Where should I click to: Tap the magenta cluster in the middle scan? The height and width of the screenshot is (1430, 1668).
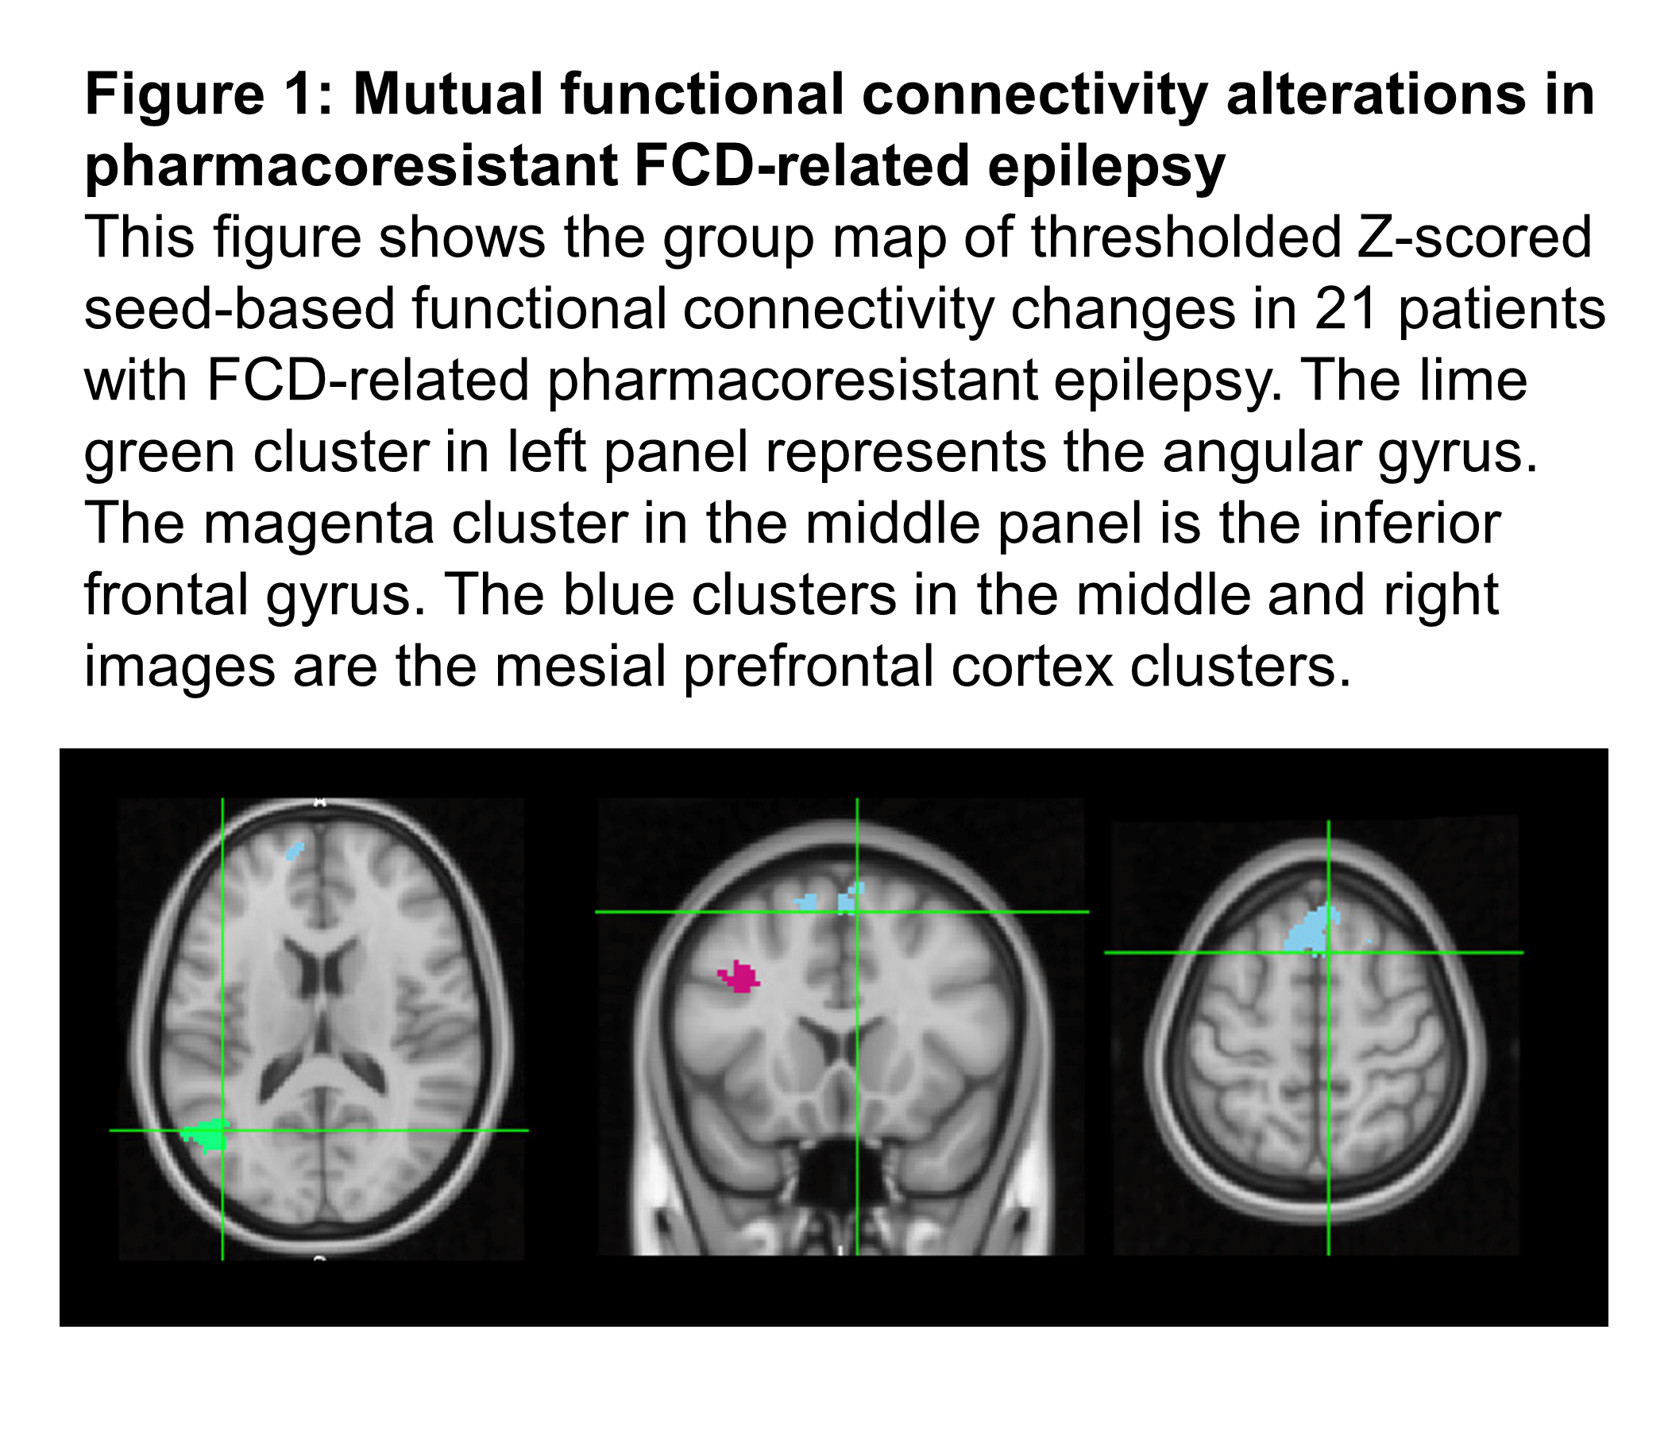pos(739,977)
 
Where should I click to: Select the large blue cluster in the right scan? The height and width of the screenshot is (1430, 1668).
pos(1308,931)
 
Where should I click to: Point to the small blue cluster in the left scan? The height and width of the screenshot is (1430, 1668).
pos(295,849)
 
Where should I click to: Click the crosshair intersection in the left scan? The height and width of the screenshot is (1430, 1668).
pos(222,1130)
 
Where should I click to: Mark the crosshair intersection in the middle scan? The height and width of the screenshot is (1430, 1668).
pos(857,911)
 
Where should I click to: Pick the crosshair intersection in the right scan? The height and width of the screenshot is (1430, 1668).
pos(1328,953)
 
